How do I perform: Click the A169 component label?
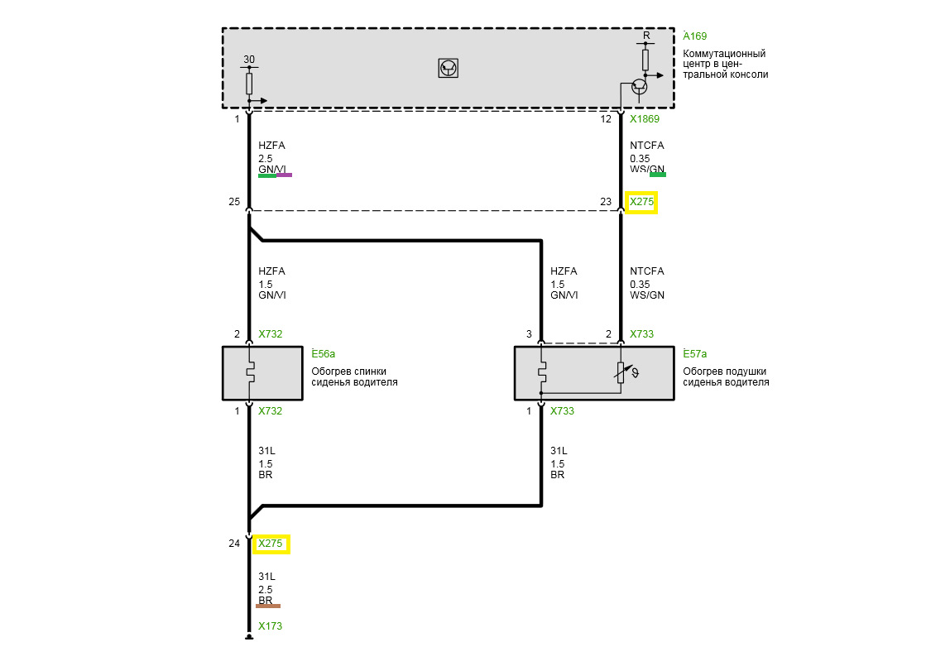click(694, 36)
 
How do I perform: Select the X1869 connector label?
click(644, 119)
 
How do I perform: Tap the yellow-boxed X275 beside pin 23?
click(641, 202)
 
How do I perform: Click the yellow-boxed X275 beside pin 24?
click(271, 544)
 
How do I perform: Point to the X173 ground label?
click(271, 625)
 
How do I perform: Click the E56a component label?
click(323, 354)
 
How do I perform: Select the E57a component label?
click(694, 354)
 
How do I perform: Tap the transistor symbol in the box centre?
click(449, 68)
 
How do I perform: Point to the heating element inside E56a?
click(250, 372)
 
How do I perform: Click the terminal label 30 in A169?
click(249, 60)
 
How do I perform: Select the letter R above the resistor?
click(646, 36)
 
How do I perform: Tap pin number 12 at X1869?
click(606, 119)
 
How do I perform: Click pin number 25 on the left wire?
click(234, 202)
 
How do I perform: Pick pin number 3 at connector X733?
click(529, 333)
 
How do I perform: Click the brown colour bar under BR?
click(269, 606)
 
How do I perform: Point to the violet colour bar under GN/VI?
click(284, 175)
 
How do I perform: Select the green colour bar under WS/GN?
click(658, 175)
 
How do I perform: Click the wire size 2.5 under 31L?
click(266, 589)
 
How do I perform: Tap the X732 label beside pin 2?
click(271, 333)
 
